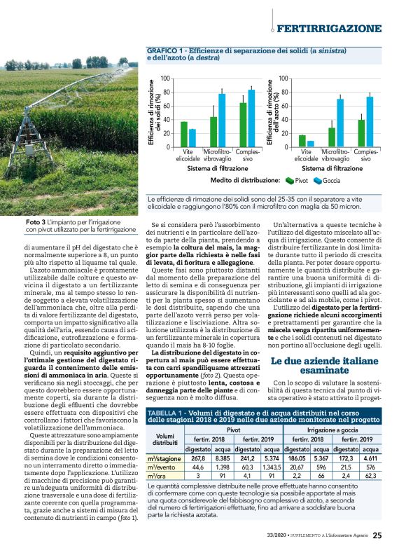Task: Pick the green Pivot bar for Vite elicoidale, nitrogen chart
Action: (302, 141)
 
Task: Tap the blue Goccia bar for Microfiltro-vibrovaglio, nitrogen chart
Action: (340, 123)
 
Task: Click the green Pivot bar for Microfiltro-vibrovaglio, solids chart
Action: (213, 132)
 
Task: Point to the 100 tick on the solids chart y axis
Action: (165, 78)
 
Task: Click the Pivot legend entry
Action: (296, 180)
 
